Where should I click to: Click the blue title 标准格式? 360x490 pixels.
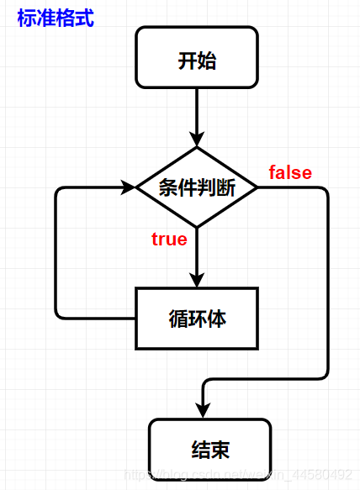coord(56,18)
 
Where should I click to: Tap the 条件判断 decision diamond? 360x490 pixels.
coord(197,188)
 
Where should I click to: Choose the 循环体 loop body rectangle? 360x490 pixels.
coord(197,319)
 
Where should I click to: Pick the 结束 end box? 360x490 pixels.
coord(210,450)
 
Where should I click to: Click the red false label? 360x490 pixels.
coord(290,173)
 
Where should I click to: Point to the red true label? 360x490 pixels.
coord(169,240)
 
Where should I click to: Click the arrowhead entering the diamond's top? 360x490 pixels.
coord(197,140)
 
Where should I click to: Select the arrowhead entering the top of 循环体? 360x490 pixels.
coord(197,281)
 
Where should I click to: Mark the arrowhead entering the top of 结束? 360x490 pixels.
coord(204,410)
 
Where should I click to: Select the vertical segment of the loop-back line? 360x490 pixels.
coord(56,252)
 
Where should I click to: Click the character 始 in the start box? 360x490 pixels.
coord(208,60)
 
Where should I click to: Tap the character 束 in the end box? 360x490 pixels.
coord(220,450)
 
